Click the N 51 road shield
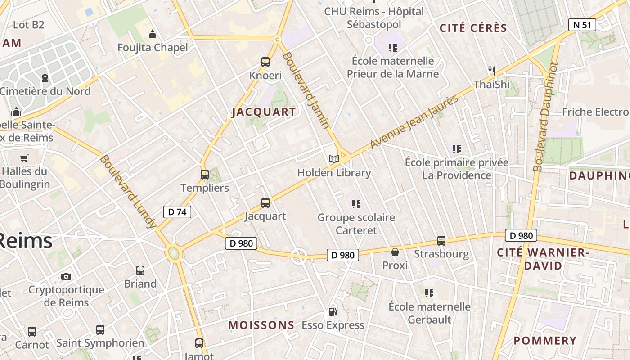tap(582, 25)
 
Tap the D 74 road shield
tap(177, 211)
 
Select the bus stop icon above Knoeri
tap(265, 62)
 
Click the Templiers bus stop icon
tap(205, 175)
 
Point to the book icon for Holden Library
tap(333, 159)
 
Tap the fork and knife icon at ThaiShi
tap(492, 71)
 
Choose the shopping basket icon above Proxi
tap(395, 252)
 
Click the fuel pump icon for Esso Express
tap(333, 311)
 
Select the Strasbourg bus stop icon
tap(441, 241)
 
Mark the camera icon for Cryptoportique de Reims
tap(66, 276)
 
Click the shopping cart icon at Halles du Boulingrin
tap(24, 158)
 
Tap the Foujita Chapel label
tap(153, 47)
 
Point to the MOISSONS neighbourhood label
tap(261, 325)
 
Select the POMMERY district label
tap(545, 340)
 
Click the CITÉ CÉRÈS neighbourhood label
tap(473, 28)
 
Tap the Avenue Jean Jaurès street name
tap(414, 122)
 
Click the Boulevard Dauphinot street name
tap(545, 117)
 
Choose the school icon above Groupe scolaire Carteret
tap(356, 204)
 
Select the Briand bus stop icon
tap(140, 270)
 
